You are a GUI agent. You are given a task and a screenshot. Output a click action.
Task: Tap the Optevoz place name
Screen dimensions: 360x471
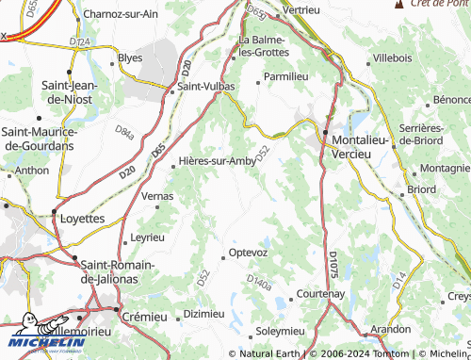[x=249, y=254]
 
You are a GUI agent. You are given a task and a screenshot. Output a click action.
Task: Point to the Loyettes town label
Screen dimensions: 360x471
[x=83, y=218]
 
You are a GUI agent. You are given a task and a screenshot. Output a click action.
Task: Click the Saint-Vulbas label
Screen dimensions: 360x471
[x=206, y=87]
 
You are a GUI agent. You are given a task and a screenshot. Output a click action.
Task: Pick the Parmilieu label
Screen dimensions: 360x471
[x=286, y=75]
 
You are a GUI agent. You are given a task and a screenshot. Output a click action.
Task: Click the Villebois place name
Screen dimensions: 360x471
[x=393, y=58]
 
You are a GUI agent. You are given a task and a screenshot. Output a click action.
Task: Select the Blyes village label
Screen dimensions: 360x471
[x=130, y=57]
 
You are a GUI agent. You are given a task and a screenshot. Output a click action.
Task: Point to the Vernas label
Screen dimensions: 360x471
[x=157, y=196]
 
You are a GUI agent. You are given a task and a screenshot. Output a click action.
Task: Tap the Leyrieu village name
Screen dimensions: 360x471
[x=149, y=237]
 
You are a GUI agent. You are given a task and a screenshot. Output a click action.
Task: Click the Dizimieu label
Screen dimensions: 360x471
[x=204, y=313]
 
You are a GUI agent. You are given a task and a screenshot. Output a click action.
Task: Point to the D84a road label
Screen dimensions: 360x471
[x=124, y=133]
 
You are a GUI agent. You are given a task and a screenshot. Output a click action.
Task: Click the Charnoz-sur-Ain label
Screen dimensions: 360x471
[x=121, y=14]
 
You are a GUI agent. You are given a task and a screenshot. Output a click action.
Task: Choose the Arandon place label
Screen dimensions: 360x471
[x=390, y=330]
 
